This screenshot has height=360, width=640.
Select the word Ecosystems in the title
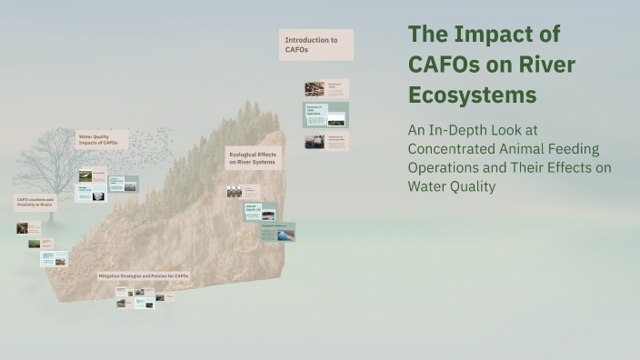pyautogui.click(x=472, y=95)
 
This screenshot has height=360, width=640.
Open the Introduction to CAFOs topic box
pyautogui.click(x=315, y=45)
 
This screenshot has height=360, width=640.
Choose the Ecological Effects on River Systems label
pyautogui.click(x=254, y=157)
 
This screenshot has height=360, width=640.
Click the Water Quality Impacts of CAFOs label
pyautogui.click(x=101, y=139)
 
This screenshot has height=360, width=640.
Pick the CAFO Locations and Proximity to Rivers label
pyautogui.click(x=35, y=202)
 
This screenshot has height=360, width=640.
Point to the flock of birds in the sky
pyautogui.click(x=145, y=145)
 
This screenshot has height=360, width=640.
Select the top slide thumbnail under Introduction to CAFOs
pyautogui.click(x=326, y=88)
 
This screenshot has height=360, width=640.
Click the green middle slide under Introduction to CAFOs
pyautogui.click(x=326, y=115)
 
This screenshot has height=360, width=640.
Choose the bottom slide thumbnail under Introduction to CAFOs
pyautogui.click(x=326, y=141)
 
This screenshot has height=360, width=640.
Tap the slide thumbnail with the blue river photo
pyautogui.click(x=277, y=232)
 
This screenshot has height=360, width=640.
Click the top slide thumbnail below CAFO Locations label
pyautogui.click(x=28, y=228)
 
